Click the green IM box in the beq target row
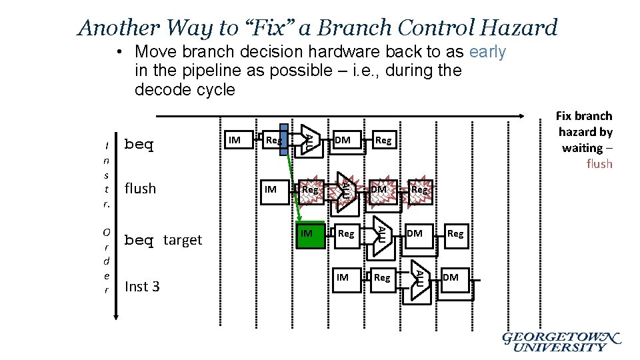[309, 234]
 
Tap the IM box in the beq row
[235, 140]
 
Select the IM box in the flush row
[271, 189]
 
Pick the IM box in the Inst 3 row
[343, 277]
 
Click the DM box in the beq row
[343, 140]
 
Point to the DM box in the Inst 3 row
[451, 277]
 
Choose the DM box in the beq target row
[415, 234]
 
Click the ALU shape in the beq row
[309, 140]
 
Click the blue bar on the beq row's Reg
[285, 140]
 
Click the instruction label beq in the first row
[139, 145]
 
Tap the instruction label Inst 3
[142, 287]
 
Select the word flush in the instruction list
[140, 189]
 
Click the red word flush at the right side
[599, 164]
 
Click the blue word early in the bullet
[487, 52]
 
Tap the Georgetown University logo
[561, 341]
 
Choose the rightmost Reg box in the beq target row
[455, 234]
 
